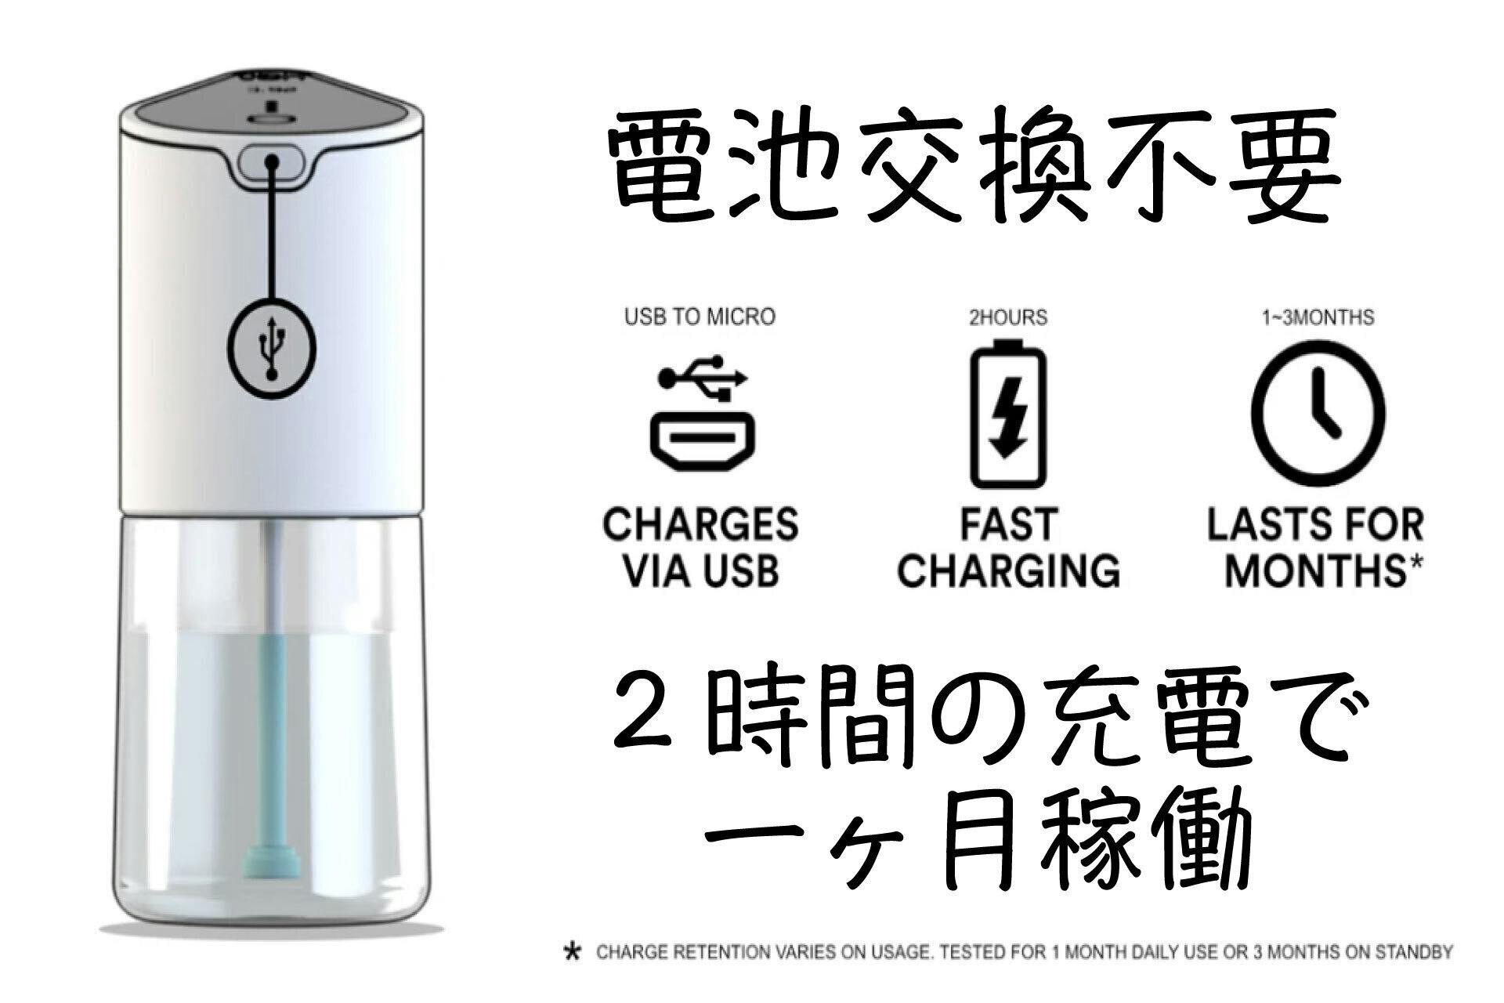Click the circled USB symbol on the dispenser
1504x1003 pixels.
(272, 346)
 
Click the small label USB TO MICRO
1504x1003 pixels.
(700, 317)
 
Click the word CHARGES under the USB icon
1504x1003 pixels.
(700, 525)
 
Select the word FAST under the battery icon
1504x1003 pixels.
(1008, 525)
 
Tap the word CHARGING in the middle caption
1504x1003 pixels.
(1008, 570)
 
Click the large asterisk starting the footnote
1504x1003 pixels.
(573, 954)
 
